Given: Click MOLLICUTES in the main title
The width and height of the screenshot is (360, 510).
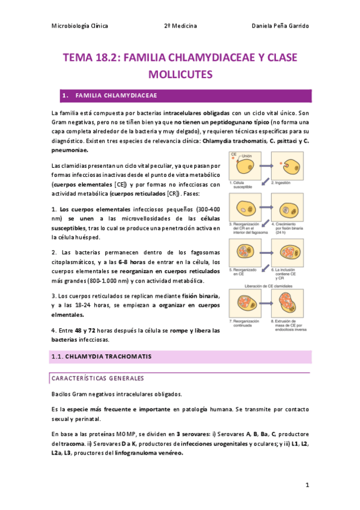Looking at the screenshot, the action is (x=180, y=75).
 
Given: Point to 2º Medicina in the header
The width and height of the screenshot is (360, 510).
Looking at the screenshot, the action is (x=180, y=26).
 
